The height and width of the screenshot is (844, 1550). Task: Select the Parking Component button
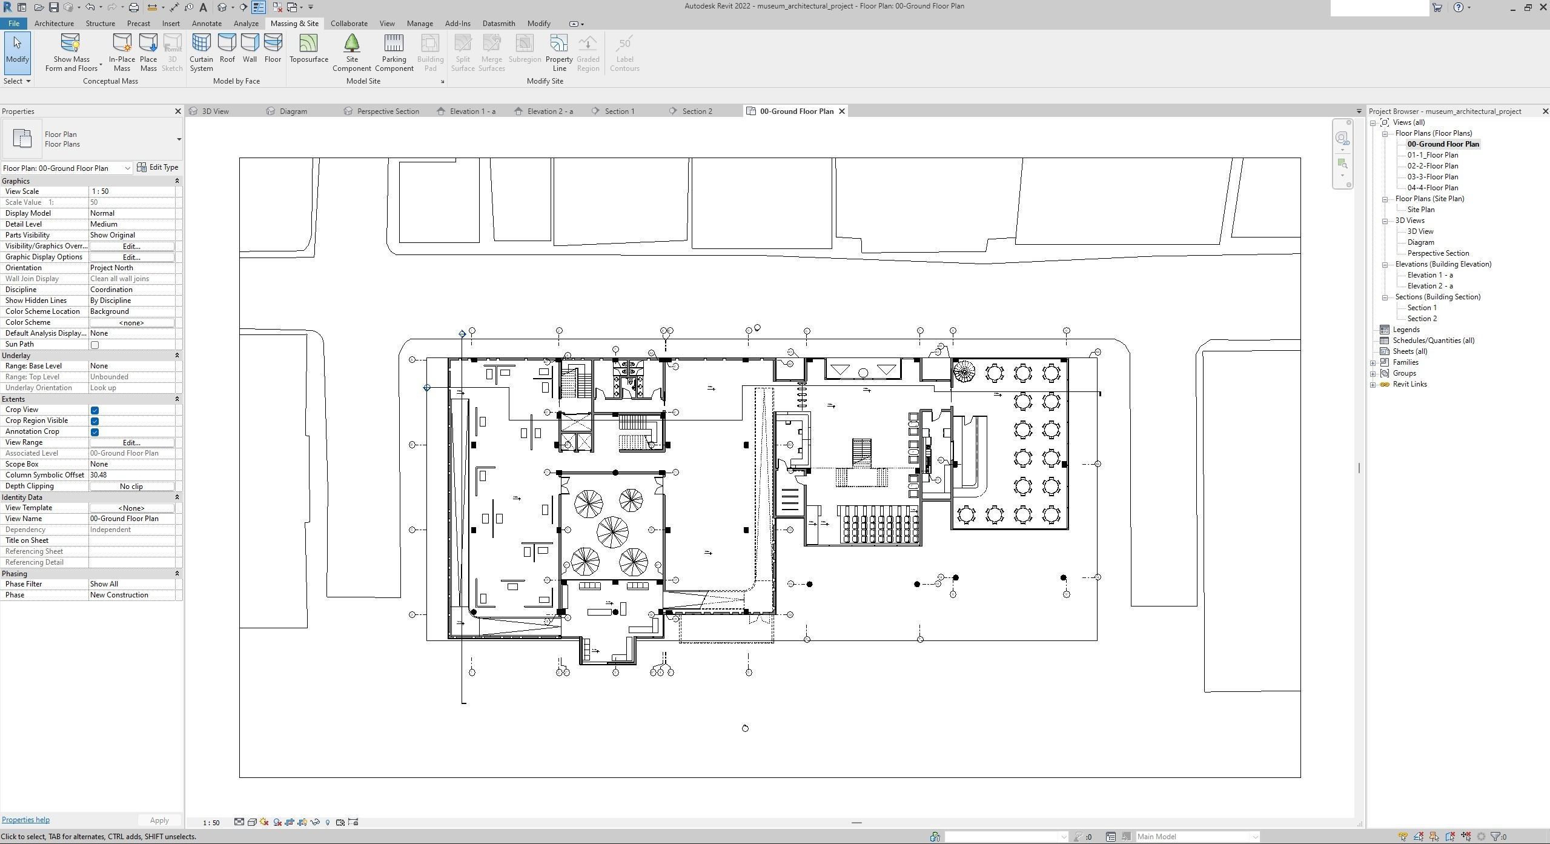(x=394, y=52)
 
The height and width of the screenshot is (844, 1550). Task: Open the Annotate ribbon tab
(x=207, y=24)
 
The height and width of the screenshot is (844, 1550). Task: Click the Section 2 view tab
(x=697, y=111)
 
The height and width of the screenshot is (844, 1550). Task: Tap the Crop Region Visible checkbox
(x=94, y=421)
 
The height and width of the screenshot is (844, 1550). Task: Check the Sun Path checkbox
(x=94, y=345)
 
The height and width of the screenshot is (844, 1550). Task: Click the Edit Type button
(x=158, y=167)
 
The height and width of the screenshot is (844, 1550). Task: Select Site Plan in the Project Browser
(x=1420, y=210)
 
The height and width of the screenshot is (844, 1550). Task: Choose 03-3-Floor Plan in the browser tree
(x=1432, y=177)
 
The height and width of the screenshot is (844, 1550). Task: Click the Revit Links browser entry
(x=1409, y=384)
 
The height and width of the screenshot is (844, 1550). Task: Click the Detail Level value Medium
(x=132, y=224)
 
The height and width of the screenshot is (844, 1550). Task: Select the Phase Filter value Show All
(x=132, y=584)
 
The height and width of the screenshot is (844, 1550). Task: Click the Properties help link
(x=25, y=820)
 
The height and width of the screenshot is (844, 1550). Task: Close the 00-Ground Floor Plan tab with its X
(x=841, y=111)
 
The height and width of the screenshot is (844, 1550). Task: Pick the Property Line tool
(x=558, y=52)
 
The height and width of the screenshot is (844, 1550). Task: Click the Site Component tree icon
(x=351, y=44)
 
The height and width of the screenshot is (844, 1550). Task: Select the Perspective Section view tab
(x=388, y=111)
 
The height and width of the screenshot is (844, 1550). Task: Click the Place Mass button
(x=148, y=52)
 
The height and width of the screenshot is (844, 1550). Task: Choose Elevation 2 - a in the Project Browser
(x=1429, y=286)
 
